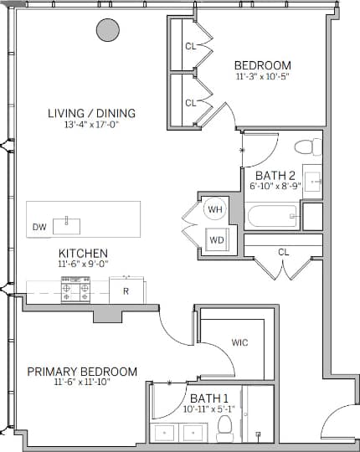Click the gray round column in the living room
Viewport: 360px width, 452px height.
[x=107, y=31]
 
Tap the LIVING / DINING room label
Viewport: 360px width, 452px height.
[x=91, y=114]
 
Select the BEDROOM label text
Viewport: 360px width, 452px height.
[x=262, y=65]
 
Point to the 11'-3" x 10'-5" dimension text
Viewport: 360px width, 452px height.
[x=262, y=77]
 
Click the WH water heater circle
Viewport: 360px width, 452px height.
[x=215, y=209]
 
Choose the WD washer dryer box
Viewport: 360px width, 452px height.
[x=217, y=240]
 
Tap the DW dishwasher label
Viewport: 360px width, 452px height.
[x=39, y=227]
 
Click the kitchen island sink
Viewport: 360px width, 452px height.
[x=65, y=224]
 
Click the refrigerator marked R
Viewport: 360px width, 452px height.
[x=126, y=291]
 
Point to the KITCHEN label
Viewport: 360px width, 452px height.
[x=81, y=253]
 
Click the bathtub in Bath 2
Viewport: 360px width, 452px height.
[x=273, y=217]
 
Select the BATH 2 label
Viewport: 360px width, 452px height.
[x=275, y=175]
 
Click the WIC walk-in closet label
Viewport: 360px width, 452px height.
[x=239, y=342]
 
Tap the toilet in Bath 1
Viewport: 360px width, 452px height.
[x=224, y=429]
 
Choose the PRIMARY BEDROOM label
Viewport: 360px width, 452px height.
[x=82, y=371]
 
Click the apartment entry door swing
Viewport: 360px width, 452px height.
[x=338, y=421]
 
